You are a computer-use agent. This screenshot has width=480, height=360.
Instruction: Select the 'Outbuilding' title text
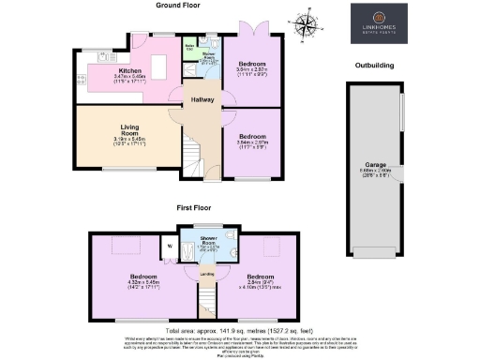[x=374, y=65]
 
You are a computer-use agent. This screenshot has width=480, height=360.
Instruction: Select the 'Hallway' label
[x=204, y=100]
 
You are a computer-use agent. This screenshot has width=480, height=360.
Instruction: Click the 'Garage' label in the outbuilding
[x=376, y=167]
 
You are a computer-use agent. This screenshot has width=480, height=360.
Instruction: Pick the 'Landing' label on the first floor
[x=206, y=274]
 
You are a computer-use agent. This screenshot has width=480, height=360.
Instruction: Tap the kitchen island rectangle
[x=159, y=70]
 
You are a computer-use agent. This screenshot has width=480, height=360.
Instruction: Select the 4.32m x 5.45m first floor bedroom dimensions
[x=142, y=285]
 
